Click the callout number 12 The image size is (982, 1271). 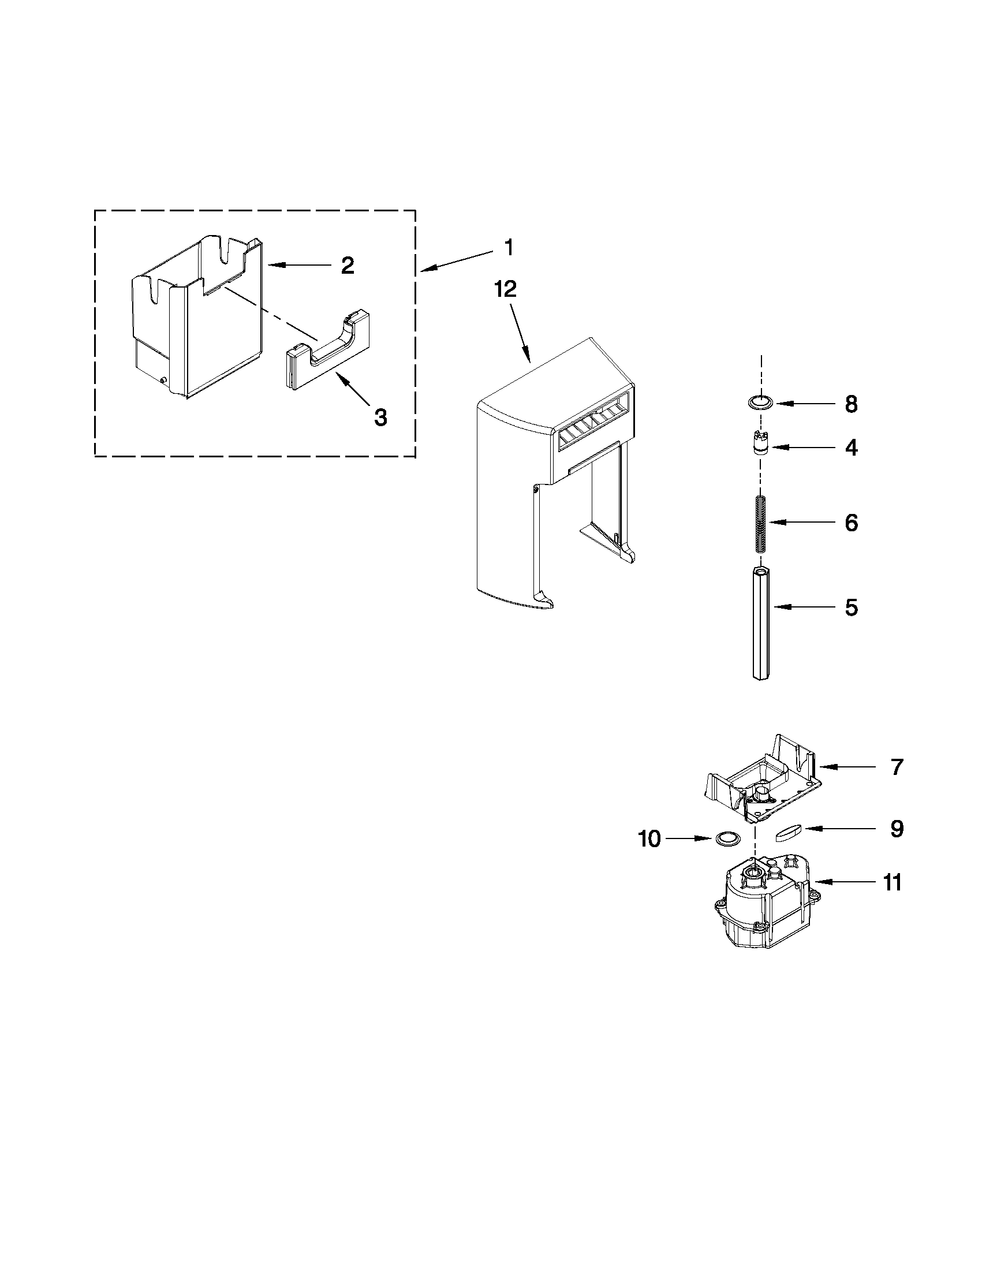[505, 289]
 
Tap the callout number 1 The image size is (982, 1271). [509, 248]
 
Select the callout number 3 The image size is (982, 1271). [380, 417]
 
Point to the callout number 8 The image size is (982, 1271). [851, 404]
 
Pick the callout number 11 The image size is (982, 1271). [893, 882]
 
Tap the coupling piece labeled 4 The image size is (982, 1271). [759, 447]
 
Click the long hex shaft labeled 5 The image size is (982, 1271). [760, 623]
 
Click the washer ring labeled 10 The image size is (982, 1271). [726, 838]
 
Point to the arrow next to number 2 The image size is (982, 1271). [297, 266]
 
